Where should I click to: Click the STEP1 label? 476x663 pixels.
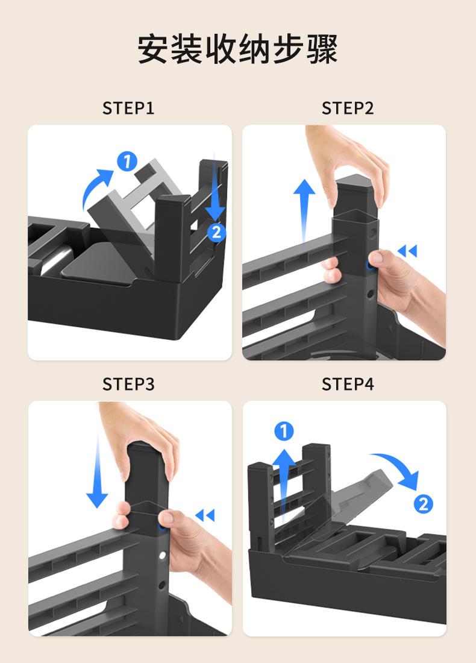(128, 108)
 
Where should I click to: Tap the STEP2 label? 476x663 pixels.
(348, 108)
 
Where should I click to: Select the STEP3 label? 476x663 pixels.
(128, 384)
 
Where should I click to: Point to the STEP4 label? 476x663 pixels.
(348, 384)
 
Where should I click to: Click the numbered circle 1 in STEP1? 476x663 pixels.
(127, 161)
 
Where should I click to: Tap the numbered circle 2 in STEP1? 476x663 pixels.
(216, 232)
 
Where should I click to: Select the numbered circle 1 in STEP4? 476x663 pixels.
(284, 432)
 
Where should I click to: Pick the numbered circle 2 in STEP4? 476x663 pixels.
(423, 504)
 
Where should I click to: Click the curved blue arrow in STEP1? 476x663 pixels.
(94, 183)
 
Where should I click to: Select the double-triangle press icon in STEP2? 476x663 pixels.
(407, 251)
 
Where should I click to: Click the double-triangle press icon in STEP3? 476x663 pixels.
(205, 515)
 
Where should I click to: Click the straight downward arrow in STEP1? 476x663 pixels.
(215, 188)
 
